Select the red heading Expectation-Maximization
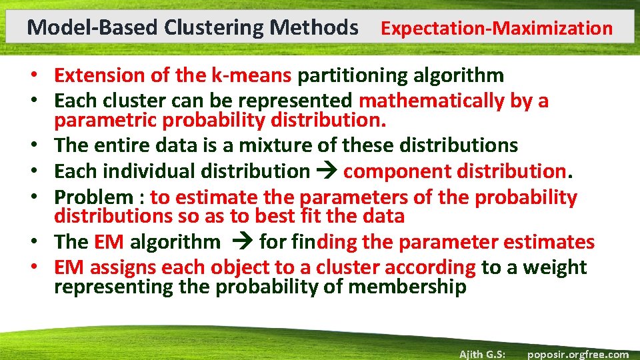tap(496, 28)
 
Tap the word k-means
tap(251, 75)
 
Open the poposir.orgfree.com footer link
tap(577, 354)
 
